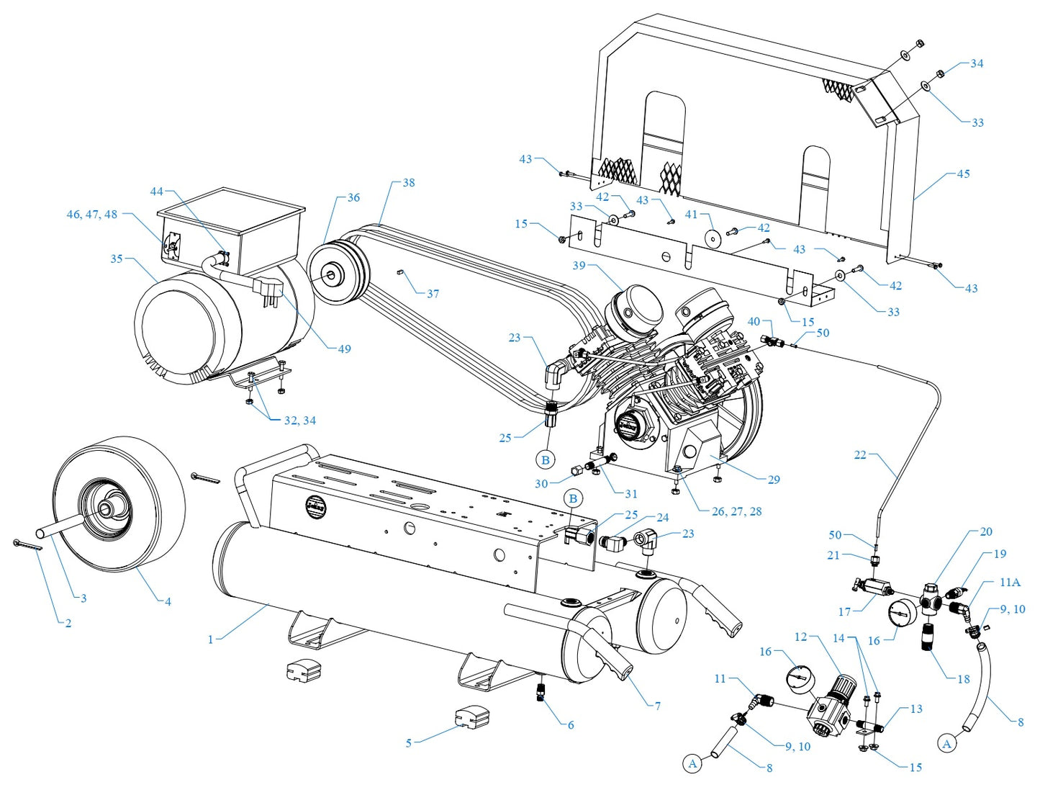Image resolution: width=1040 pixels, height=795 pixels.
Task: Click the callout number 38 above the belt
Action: pyautogui.click(x=408, y=183)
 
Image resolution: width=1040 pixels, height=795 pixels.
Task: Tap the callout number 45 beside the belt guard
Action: pyautogui.click(x=963, y=174)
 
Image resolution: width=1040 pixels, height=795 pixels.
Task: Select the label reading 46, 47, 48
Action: pyautogui.click(x=91, y=214)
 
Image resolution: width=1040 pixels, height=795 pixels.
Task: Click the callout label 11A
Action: pyautogui.click(x=1010, y=582)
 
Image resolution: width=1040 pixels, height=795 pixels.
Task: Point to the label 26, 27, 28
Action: pyautogui.click(x=736, y=511)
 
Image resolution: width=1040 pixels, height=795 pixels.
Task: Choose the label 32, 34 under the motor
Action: pyautogui.click(x=299, y=421)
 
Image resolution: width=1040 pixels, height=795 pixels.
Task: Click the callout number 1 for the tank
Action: pyautogui.click(x=210, y=639)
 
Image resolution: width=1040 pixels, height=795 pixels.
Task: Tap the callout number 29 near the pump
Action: pyautogui.click(x=774, y=480)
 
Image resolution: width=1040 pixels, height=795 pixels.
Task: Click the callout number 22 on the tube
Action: pyautogui.click(x=860, y=455)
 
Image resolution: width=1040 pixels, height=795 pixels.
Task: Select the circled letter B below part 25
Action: pyautogui.click(x=545, y=459)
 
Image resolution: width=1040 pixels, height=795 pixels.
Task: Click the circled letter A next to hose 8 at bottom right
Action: pyautogui.click(x=947, y=744)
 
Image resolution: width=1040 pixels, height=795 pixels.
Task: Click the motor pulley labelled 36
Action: pyautogui.click(x=333, y=274)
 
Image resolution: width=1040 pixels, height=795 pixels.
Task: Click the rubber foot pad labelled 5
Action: pyautogui.click(x=471, y=718)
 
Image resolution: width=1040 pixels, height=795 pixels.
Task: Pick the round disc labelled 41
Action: pyautogui.click(x=714, y=238)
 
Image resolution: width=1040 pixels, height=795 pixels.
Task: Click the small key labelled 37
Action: pyautogui.click(x=402, y=273)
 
